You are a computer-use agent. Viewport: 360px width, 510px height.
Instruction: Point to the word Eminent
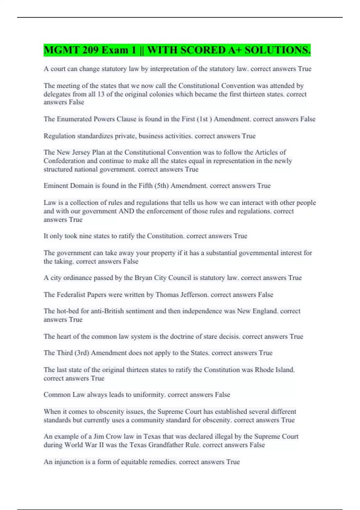[x=56, y=186]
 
